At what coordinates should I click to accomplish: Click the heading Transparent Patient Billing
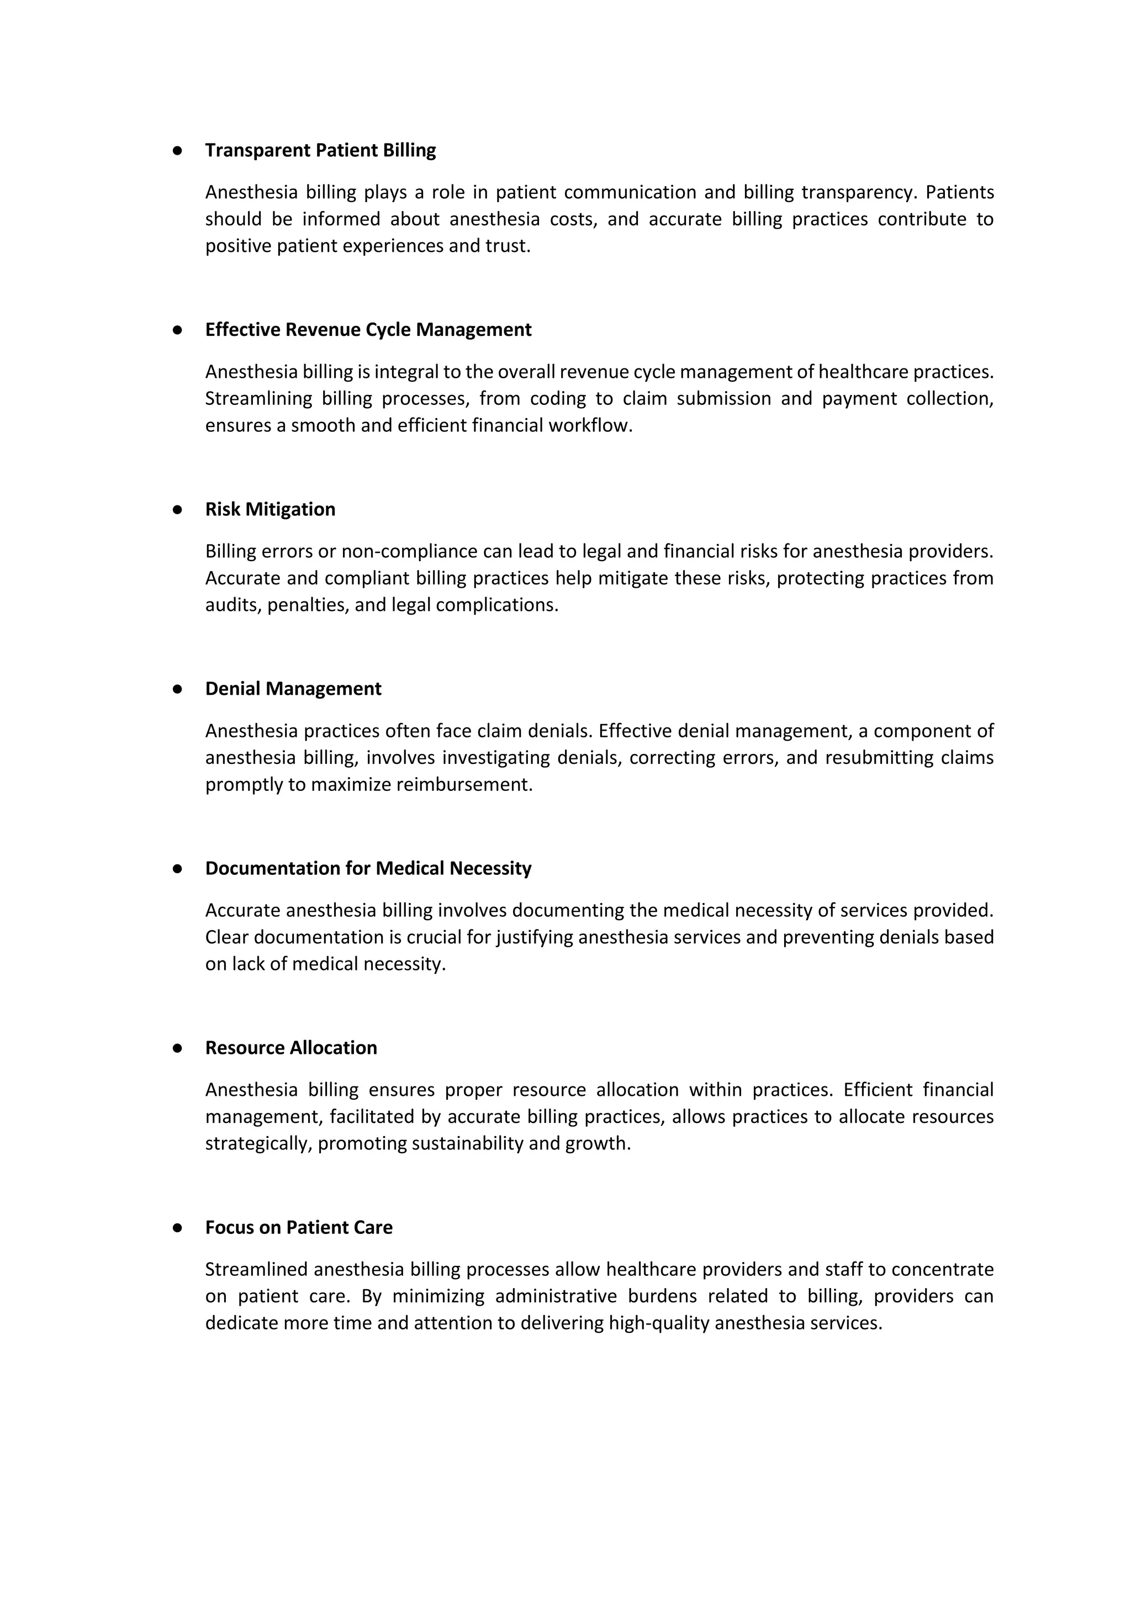(320, 150)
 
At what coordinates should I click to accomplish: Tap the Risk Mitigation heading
(270, 509)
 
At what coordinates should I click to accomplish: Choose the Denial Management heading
(293, 689)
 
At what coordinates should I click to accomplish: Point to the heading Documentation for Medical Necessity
(368, 868)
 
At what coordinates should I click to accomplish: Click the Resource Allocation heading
(291, 1048)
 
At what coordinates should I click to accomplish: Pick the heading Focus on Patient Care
(299, 1228)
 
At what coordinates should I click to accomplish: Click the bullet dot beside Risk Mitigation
(178, 510)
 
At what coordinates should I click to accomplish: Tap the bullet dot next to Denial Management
(178, 689)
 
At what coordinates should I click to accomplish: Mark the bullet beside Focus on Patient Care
(178, 1228)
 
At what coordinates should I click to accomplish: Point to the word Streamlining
(258, 399)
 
